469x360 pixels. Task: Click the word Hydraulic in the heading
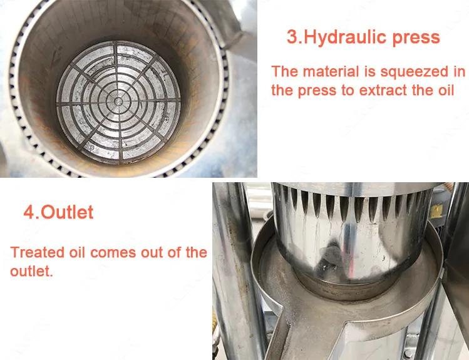[x=346, y=38]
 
